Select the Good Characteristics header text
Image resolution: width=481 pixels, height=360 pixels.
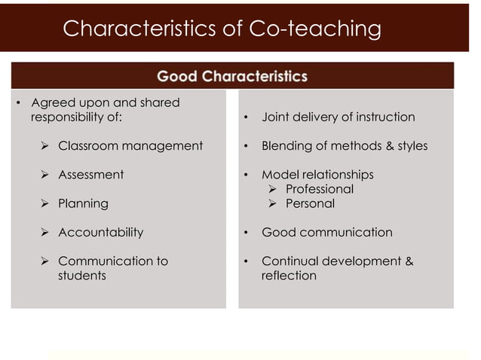pyautogui.click(x=231, y=76)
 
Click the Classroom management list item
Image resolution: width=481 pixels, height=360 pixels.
pyautogui.click(x=130, y=145)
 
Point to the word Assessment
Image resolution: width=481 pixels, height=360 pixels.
pyautogui.click(x=91, y=175)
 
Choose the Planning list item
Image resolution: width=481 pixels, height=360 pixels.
pyautogui.click(x=83, y=203)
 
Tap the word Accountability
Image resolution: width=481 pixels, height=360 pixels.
pyautogui.click(x=100, y=232)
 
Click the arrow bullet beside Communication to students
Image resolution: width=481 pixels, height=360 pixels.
pyautogui.click(x=45, y=261)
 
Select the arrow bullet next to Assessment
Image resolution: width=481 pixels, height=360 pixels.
pyautogui.click(x=45, y=175)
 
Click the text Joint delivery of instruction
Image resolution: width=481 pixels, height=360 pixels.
pyautogui.click(x=338, y=117)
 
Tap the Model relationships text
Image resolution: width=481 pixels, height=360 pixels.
pyautogui.click(x=317, y=175)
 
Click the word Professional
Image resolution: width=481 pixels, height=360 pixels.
pyautogui.click(x=320, y=189)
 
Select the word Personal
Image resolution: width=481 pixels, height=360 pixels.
pyautogui.click(x=310, y=203)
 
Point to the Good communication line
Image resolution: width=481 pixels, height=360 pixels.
pyautogui.click(x=326, y=232)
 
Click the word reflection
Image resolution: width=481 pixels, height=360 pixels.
pyautogui.click(x=289, y=276)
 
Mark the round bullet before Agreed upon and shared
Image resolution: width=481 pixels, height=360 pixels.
pyautogui.click(x=20, y=103)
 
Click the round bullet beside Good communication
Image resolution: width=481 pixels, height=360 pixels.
pyautogui.click(x=246, y=233)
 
